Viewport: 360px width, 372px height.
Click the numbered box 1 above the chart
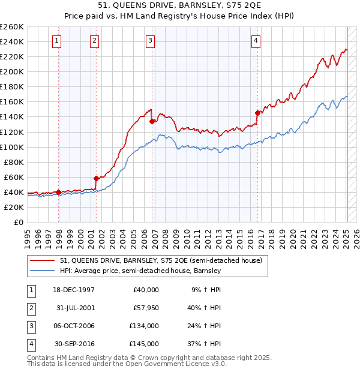(x=56, y=41)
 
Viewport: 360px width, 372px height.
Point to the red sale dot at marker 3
(x=152, y=121)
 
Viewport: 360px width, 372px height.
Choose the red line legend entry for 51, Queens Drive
(x=161, y=261)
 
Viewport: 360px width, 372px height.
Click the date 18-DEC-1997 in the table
(x=74, y=290)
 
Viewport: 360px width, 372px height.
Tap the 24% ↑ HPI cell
(x=206, y=326)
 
